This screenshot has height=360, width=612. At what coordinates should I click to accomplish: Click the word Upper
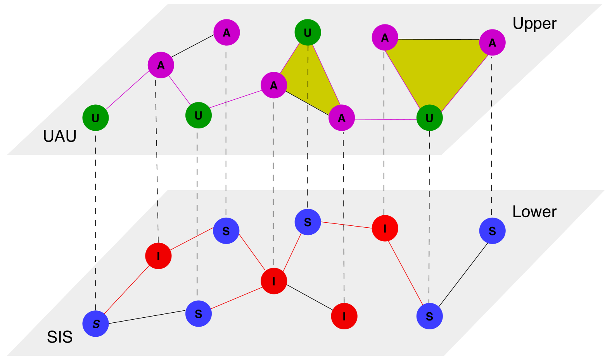[x=534, y=24]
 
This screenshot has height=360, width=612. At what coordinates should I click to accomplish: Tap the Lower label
[x=534, y=212]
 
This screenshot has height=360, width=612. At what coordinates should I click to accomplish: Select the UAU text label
[x=60, y=137]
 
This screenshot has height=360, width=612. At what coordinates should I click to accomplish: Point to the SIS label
[x=60, y=337]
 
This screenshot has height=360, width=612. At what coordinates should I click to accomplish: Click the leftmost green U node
[x=95, y=118]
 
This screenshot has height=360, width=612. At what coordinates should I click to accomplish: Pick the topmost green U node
[x=308, y=33]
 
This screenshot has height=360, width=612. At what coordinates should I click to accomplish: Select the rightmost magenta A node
[x=492, y=42]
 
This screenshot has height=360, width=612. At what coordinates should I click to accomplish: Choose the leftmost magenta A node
[x=161, y=65]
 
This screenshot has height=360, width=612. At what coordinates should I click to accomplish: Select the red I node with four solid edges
[x=274, y=281]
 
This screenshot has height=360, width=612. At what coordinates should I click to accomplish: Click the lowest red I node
[x=344, y=316]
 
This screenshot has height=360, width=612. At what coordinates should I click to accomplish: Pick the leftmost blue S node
[x=96, y=324]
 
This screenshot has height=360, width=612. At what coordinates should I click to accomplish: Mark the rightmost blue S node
[x=492, y=231]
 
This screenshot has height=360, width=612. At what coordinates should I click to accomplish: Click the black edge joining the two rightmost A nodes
[x=438, y=40]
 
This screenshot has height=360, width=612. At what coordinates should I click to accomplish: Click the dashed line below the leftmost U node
[x=95, y=217]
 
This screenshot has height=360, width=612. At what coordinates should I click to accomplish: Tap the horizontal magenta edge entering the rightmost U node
[x=386, y=120]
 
